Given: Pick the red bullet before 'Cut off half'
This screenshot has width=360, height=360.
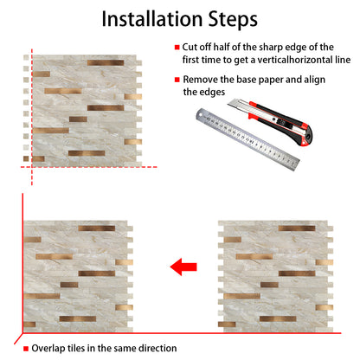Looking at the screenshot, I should tap(177, 47).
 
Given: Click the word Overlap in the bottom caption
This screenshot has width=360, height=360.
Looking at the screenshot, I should tap(52, 349).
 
